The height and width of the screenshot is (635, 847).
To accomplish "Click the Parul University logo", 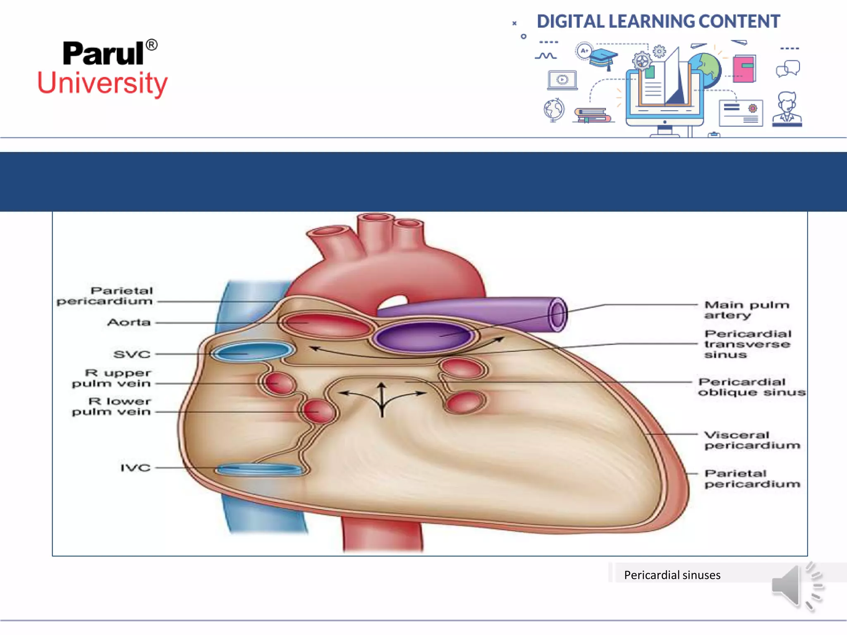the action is click(x=103, y=68).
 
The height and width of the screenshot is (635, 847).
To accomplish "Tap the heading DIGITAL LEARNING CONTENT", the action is click(x=658, y=21).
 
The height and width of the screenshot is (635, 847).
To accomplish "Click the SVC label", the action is click(x=132, y=354).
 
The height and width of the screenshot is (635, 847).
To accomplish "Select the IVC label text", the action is click(x=135, y=468).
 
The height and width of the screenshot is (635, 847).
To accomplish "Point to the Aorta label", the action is click(x=129, y=322).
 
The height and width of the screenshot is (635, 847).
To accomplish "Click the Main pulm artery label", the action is click(x=747, y=310).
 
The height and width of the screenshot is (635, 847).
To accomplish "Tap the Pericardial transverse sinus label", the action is click(x=747, y=344).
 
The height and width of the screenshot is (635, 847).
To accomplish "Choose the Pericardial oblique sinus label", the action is click(x=751, y=387).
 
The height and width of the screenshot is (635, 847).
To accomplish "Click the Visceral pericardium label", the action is click(x=752, y=440).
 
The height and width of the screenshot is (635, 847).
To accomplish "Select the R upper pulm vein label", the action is click(x=112, y=378).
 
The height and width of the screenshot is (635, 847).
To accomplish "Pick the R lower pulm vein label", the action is click(x=112, y=406).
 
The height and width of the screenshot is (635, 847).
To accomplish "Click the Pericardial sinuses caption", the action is click(x=672, y=575).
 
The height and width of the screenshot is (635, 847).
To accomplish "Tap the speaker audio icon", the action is click(x=797, y=586).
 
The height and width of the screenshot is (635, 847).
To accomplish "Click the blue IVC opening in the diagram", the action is click(x=259, y=470).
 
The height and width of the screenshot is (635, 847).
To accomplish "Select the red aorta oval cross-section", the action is click(x=326, y=325).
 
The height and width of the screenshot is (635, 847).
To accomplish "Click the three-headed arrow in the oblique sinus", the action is click(x=382, y=398).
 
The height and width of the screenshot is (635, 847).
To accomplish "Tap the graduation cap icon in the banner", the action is click(x=603, y=58).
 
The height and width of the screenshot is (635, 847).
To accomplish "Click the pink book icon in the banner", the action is click(x=744, y=68).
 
